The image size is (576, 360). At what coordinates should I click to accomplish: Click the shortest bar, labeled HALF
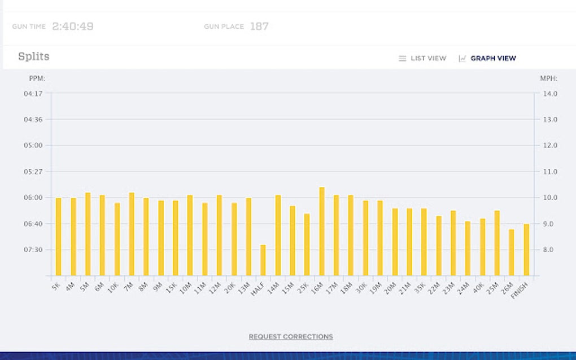pyautogui.click(x=263, y=260)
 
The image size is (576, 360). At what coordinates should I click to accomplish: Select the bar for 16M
pyautogui.click(x=322, y=231)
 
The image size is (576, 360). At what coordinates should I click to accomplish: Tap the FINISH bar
pyautogui.click(x=526, y=250)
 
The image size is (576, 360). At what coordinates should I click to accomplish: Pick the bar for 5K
pyautogui.click(x=58, y=237)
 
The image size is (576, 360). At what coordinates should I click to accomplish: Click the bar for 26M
pyautogui.click(x=512, y=252)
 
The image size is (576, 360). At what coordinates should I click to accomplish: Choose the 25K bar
pyautogui.click(x=307, y=244)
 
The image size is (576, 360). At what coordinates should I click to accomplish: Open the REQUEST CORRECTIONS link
pyautogui.click(x=291, y=337)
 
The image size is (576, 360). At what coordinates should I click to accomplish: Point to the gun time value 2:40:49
pyautogui.click(x=73, y=27)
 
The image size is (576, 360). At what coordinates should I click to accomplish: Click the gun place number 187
pyautogui.click(x=259, y=27)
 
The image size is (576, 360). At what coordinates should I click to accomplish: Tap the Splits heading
pyautogui.click(x=34, y=56)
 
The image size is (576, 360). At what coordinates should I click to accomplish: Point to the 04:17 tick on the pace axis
pyautogui.click(x=33, y=94)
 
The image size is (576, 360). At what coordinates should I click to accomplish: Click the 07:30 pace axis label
pyautogui.click(x=33, y=250)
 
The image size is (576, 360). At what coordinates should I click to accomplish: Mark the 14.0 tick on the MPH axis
pyautogui.click(x=550, y=94)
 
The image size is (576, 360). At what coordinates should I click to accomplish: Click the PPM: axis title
pyautogui.click(x=37, y=78)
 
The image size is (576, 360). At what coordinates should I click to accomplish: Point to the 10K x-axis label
pyautogui.click(x=114, y=286)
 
